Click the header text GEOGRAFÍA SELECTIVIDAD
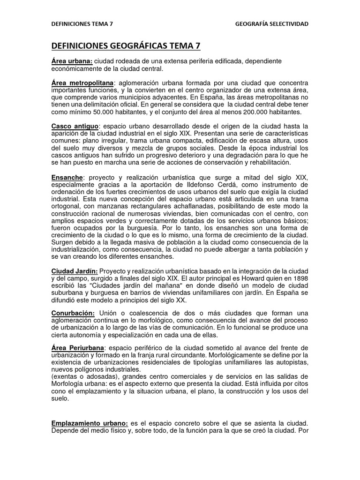point(272,24)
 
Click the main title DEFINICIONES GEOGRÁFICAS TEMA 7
point(126,45)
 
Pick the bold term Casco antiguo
point(75,127)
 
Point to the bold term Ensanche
point(67,178)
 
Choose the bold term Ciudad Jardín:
point(75,271)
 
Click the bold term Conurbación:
point(73,313)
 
